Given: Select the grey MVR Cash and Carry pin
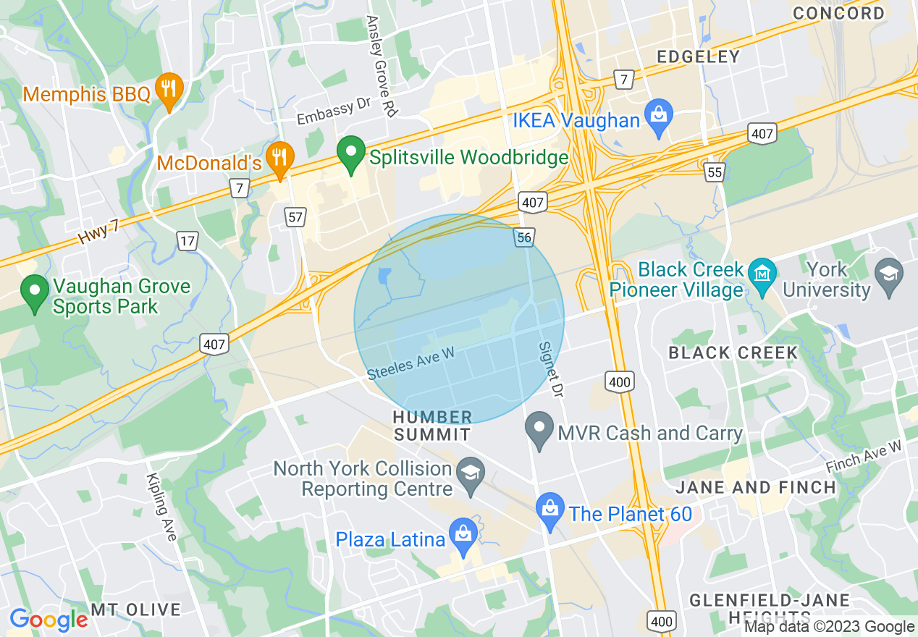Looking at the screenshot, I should click(x=539, y=429).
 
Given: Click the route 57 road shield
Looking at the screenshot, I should click(x=295, y=216).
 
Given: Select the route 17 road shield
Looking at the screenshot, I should click(x=188, y=241).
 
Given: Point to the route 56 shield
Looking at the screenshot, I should click(x=525, y=237).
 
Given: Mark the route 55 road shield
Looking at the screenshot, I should click(x=715, y=172).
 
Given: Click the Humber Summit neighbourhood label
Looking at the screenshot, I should click(x=432, y=426).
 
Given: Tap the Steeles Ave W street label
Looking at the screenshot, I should click(x=410, y=362).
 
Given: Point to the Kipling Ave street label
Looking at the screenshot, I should click(x=161, y=507).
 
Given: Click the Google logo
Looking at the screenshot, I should click(x=49, y=620).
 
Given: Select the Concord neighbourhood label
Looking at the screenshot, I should click(x=838, y=13).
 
